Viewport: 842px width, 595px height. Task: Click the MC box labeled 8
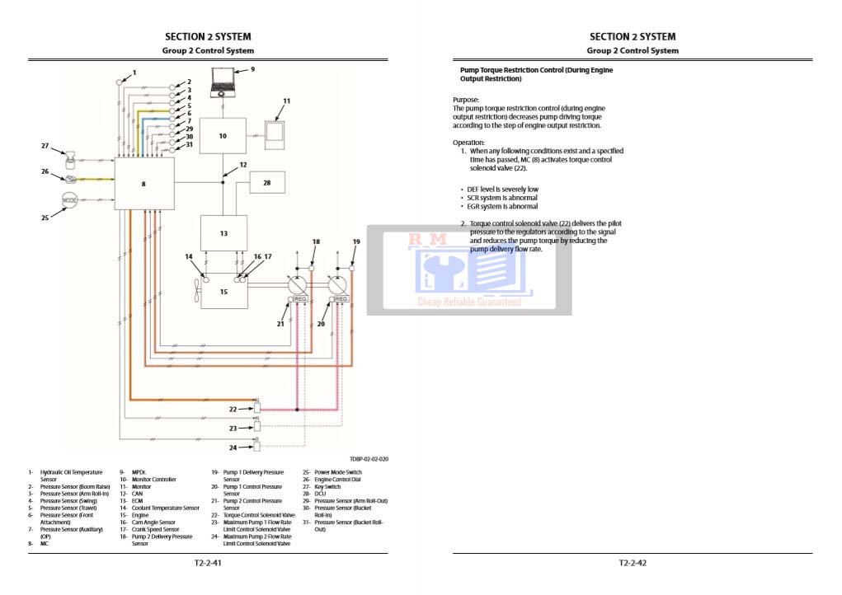[143, 184]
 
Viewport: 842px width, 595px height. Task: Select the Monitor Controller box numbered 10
[223, 135]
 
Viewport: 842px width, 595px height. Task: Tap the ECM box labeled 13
[223, 233]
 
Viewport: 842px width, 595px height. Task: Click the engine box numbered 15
[223, 292]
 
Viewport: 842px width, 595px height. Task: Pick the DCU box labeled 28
[266, 182]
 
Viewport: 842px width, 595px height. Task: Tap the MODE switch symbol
[70, 200]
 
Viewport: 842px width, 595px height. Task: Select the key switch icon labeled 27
[71, 157]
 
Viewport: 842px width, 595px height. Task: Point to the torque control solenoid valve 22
[256, 406]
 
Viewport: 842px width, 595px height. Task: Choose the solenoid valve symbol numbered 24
[256, 446]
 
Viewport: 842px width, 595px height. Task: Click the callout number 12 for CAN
[242, 166]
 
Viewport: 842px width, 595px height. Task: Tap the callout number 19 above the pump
[356, 241]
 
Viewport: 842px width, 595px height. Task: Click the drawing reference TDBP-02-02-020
[369, 458]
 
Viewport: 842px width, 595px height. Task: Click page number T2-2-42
[633, 563]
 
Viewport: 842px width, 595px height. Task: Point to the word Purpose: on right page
[466, 100]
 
